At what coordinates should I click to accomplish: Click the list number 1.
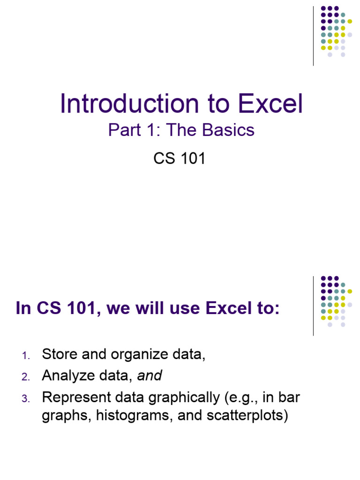(x=26, y=357)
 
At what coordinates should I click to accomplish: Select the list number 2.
(x=26, y=377)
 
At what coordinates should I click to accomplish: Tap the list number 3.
(x=26, y=399)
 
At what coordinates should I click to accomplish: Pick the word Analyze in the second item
(x=68, y=375)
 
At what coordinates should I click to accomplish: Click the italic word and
(x=150, y=375)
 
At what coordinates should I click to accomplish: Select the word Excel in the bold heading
(x=230, y=309)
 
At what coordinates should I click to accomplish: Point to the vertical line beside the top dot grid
(x=313, y=36)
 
